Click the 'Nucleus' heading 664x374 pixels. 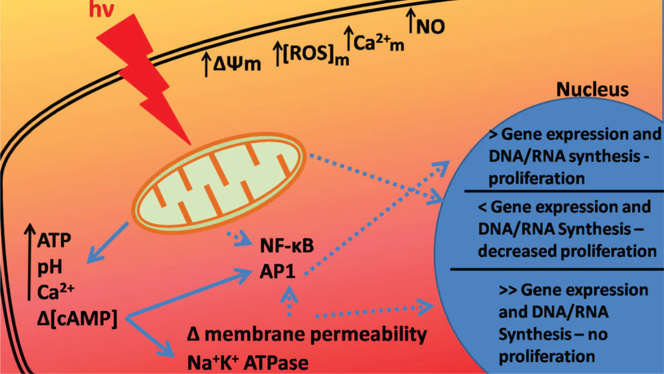point(592,90)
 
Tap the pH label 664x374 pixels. point(49,268)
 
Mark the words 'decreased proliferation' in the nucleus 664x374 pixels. point(567,251)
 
